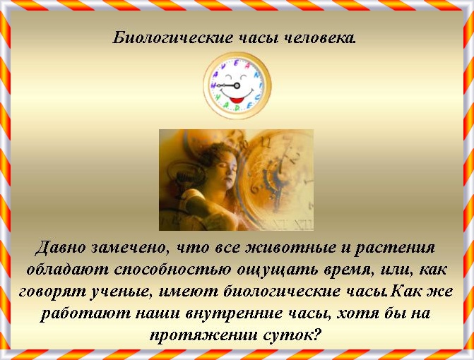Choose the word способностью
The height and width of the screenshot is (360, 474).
(172, 270)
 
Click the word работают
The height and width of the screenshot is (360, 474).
(85, 313)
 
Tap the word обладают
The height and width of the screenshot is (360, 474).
(67, 270)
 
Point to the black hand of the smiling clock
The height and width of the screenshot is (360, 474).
(227, 85)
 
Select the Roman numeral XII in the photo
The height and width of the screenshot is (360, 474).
(303, 224)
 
